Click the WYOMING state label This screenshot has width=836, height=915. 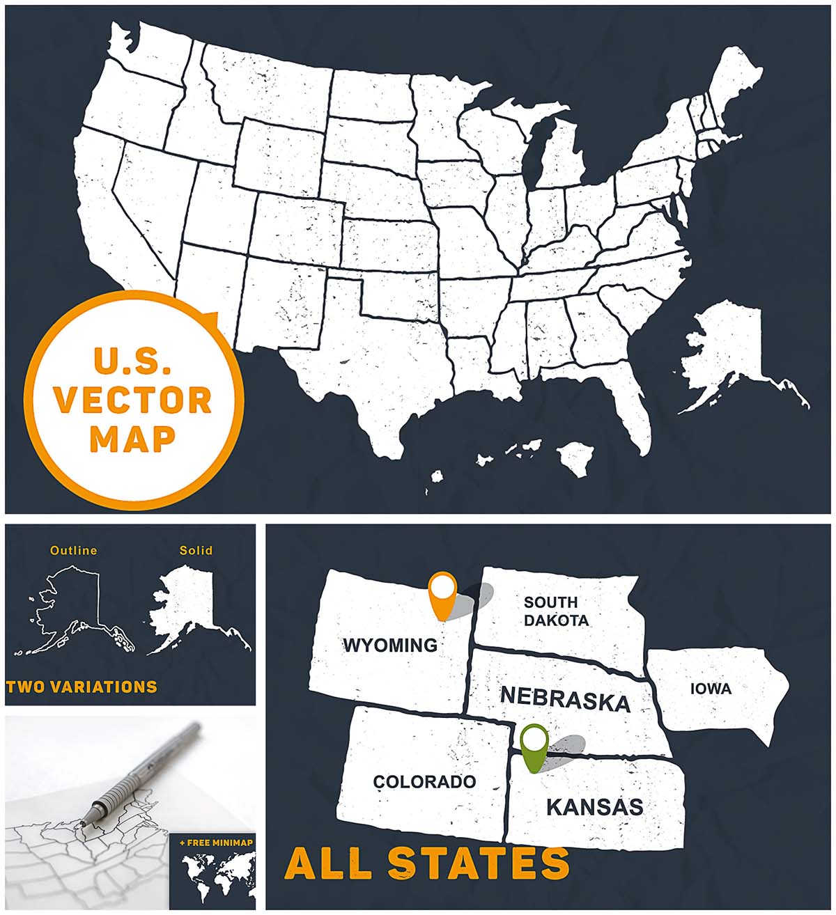[389, 645]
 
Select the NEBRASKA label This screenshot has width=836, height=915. [565, 698]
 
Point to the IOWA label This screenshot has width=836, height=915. [711, 689]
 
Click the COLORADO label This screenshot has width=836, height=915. [424, 781]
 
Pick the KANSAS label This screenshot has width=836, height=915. [594, 807]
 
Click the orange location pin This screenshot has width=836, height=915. [442, 593]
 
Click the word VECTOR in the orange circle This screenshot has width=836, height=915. [133, 400]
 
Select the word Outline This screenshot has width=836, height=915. [73, 550]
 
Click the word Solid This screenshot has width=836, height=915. [196, 550]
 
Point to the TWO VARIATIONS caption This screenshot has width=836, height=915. [82, 687]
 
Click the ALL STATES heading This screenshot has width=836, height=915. [426, 863]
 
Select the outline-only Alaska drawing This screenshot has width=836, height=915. [70, 609]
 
